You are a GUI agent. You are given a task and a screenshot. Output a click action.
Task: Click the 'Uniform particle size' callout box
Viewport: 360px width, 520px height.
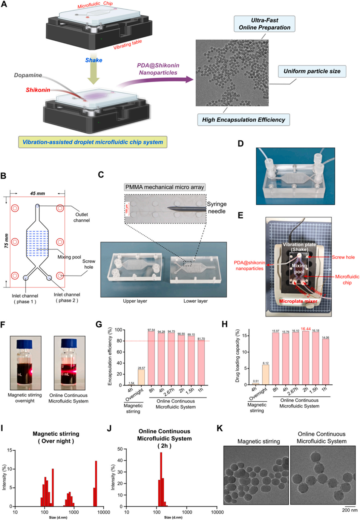tap(312, 71)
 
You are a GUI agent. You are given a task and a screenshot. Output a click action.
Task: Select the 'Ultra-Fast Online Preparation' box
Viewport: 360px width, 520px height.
tap(265, 24)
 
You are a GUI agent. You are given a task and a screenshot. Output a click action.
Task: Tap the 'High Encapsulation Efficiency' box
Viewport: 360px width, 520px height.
tap(244, 120)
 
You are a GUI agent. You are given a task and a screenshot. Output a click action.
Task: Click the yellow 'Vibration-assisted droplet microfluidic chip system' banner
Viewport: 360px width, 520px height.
tap(93, 142)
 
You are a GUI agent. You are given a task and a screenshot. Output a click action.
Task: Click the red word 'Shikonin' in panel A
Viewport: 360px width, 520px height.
tap(38, 90)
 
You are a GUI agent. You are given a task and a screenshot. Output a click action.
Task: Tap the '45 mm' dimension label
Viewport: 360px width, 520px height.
tap(37, 193)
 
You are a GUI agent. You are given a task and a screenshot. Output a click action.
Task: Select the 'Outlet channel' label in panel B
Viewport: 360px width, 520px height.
tap(81, 217)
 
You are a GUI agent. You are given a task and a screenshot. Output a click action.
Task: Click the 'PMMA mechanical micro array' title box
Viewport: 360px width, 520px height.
tap(165, 187)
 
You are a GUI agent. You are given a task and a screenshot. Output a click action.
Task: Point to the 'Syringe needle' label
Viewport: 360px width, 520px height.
tap(217, 208)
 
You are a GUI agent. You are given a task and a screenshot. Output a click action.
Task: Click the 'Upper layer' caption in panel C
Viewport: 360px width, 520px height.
tap(135, 301)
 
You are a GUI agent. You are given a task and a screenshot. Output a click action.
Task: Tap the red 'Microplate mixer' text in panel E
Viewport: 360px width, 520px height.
tap(298, 301)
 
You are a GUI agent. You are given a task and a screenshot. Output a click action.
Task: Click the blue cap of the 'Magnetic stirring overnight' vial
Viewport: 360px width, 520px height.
tap(25, 343)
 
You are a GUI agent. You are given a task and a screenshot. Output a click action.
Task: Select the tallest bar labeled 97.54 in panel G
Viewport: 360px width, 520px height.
tap(151, 358)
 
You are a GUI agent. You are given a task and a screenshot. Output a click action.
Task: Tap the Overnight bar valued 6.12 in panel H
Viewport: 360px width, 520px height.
tap(266, 375)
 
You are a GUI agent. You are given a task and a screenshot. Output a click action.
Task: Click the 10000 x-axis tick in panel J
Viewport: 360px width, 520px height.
tap(217, 512)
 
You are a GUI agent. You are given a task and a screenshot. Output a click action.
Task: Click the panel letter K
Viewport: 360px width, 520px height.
tap(220, 428)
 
